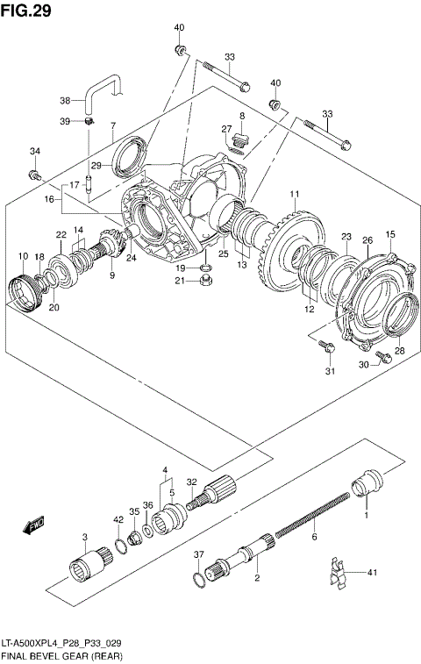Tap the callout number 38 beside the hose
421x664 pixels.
pyautogui.click(x=65, y=99)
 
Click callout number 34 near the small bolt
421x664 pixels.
pyautogui.click(x=35, y=152)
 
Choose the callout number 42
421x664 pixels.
pyautogui.click(x=118, y=520)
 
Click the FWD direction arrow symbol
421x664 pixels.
pyautogui.click(x=34, y=525)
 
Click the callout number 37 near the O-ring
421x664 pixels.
pyautogui.click(x=199, y=554)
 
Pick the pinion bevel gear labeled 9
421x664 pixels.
pyautogui.click(x=112, y=243)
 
